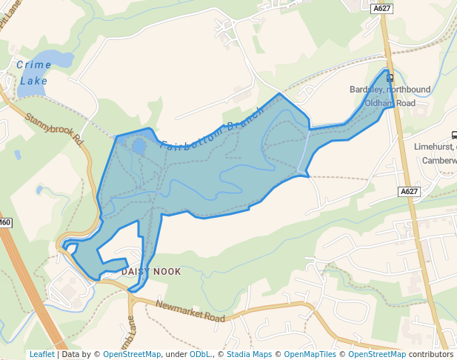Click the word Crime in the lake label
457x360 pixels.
(34, 65)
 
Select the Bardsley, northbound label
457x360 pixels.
(390, 90)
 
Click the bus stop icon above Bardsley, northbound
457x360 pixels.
(390, 77)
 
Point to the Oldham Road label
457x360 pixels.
(395, 103)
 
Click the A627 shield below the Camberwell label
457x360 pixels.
(409, 191)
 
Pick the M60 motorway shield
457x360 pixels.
(5, 222)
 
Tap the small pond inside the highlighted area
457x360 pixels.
(139, 146)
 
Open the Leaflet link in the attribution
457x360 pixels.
(41, 355)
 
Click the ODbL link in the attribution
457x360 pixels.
(199, 355)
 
